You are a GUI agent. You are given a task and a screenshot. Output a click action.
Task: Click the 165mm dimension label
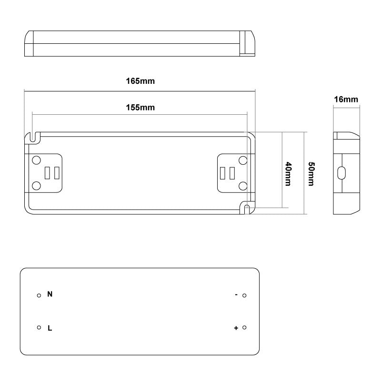click(x=140, y=81)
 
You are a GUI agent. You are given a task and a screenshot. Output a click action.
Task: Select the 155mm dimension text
click(x=140, y=107)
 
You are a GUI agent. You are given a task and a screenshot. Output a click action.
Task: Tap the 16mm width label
click(x=346, y=100)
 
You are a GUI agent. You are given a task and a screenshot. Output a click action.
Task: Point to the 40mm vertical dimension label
click(x=289, y=174)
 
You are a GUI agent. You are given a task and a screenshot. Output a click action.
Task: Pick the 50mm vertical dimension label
click(x=311, y=174)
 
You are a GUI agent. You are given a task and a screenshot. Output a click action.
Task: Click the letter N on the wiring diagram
click(x=50, y=294)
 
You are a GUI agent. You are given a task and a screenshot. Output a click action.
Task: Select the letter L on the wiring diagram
click(x=50, y=328)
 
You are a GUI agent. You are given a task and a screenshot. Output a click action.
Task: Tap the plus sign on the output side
click(x=236, y=328)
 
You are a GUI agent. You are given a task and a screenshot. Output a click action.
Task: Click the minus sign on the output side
click(x=236, y=295)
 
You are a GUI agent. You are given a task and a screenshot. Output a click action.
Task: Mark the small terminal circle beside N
click(x=39, y=295)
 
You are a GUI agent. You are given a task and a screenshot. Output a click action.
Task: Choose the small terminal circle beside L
click(x=39, y=328)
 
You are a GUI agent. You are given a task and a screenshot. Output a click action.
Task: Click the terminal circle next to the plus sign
click(x=244, y=328)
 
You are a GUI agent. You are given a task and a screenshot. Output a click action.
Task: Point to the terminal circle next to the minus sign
click(x=244, y=295)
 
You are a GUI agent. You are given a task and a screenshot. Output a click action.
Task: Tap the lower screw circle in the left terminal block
click(x=36, y=185)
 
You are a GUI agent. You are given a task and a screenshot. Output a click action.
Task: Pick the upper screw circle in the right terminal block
click(x=243, y=160)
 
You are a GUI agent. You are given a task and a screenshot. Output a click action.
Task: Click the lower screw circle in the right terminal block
click(x=243, y=185)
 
